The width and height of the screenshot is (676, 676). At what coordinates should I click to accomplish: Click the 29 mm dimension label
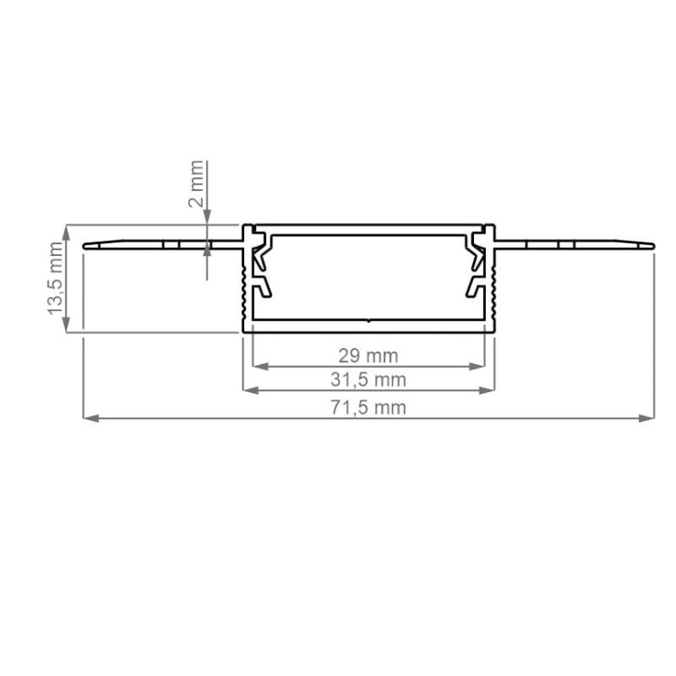(368, 356)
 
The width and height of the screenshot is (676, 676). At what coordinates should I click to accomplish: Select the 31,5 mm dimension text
(368, 379)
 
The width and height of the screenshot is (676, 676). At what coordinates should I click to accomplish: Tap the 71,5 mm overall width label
(368, 407)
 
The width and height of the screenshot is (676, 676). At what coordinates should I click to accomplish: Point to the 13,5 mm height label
(56, 279)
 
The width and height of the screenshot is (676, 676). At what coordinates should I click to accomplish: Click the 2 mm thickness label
(196, 184)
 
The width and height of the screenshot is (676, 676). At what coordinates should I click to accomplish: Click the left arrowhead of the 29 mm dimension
(260, 367)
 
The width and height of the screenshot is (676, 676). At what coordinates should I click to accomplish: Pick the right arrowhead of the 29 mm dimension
(477, 367)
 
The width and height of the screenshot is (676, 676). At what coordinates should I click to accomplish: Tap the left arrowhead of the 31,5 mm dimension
(251, 390)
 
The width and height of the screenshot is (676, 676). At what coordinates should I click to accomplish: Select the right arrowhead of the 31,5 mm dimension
(487, 390)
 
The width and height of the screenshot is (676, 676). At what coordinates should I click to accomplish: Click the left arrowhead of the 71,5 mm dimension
(90, 417)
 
